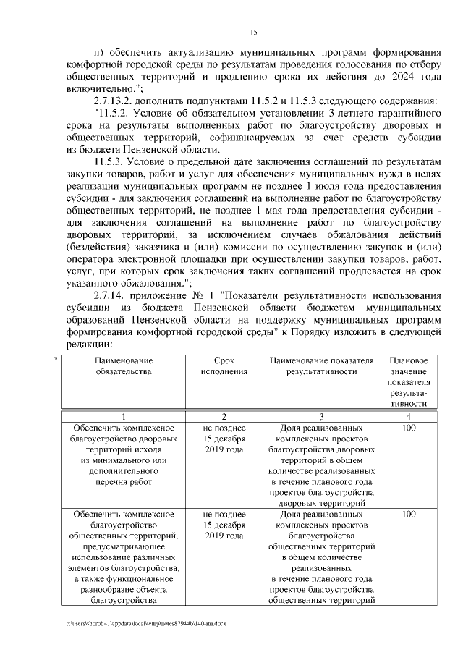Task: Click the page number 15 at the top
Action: (x=253, y=32)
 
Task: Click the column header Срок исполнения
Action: (x=224, y=365)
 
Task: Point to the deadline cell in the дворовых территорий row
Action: (x=224, y=440)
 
